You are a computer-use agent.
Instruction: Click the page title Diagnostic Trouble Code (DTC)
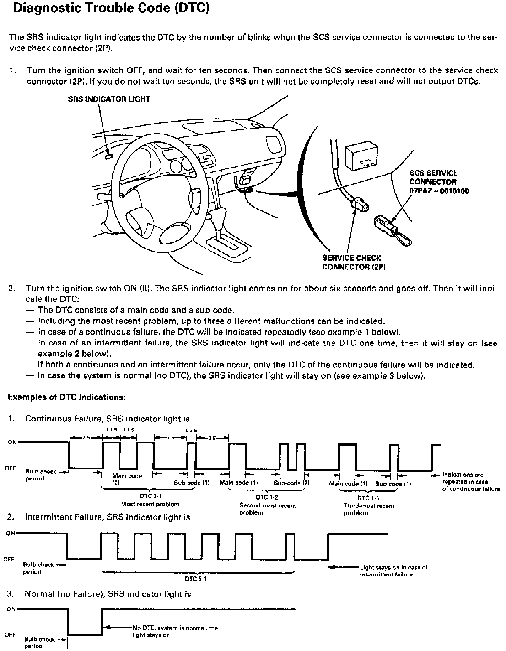(111, 8)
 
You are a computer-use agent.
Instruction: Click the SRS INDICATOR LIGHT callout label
(109, 99)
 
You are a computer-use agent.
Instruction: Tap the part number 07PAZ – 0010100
(439, 191)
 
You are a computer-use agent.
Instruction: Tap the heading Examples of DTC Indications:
(66, 397)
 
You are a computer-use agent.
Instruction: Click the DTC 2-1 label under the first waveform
(151, 496)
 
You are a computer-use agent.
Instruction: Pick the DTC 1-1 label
(368, 498)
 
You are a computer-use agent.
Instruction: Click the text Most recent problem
(150, 504)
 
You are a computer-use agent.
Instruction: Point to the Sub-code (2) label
(292, 483)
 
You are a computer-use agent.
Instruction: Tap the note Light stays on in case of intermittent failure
(393, 571)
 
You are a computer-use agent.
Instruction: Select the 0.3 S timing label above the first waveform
(192, 430)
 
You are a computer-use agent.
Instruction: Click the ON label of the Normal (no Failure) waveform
(11, 609)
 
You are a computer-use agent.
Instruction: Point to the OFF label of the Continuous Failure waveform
(10, 468)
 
